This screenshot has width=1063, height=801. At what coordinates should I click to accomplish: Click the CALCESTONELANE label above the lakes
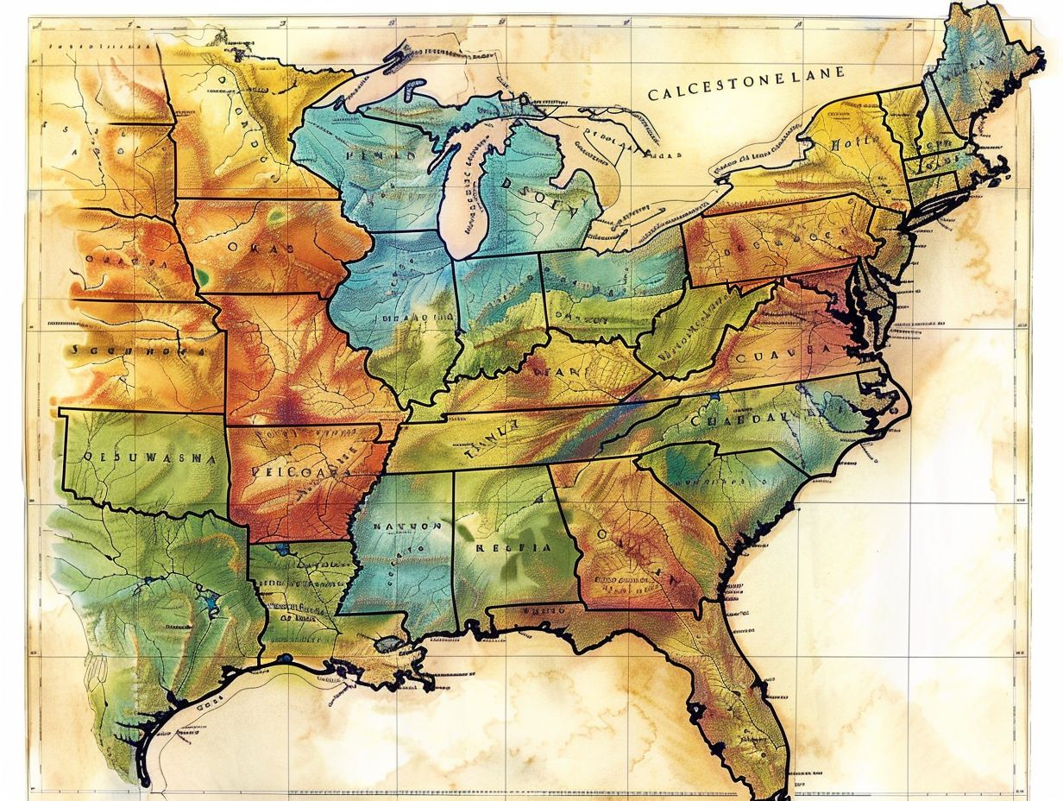pyautogui.click(x=745, y=92)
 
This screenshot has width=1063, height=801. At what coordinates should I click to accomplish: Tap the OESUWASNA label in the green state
pyautogui.click(x=140, y=458)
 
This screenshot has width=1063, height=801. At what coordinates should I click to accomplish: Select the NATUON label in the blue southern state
pyautogui.click(x=407, y=525)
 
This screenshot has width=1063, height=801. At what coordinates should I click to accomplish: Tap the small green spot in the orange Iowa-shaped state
pyautogui.click(x=202, y=276)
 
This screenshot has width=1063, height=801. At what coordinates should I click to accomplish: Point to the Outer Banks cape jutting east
pyautogui.click(x=903, y=406)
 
